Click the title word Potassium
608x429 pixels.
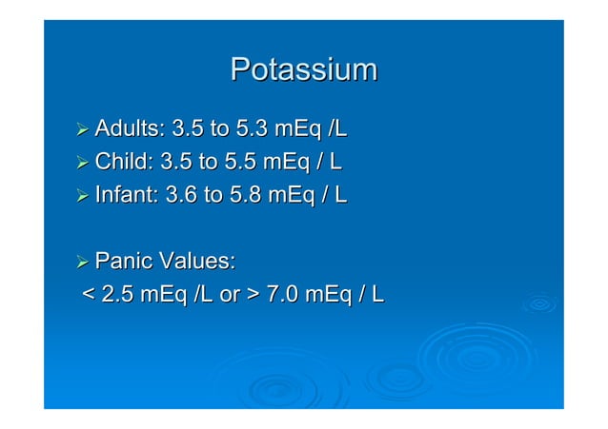[x=304, y=70]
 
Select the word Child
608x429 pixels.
[x=125, y=162]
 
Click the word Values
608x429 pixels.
[x=197, y=261]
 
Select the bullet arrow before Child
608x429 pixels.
[x=83, y=163]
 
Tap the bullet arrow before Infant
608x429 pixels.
[x=83, y=196]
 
